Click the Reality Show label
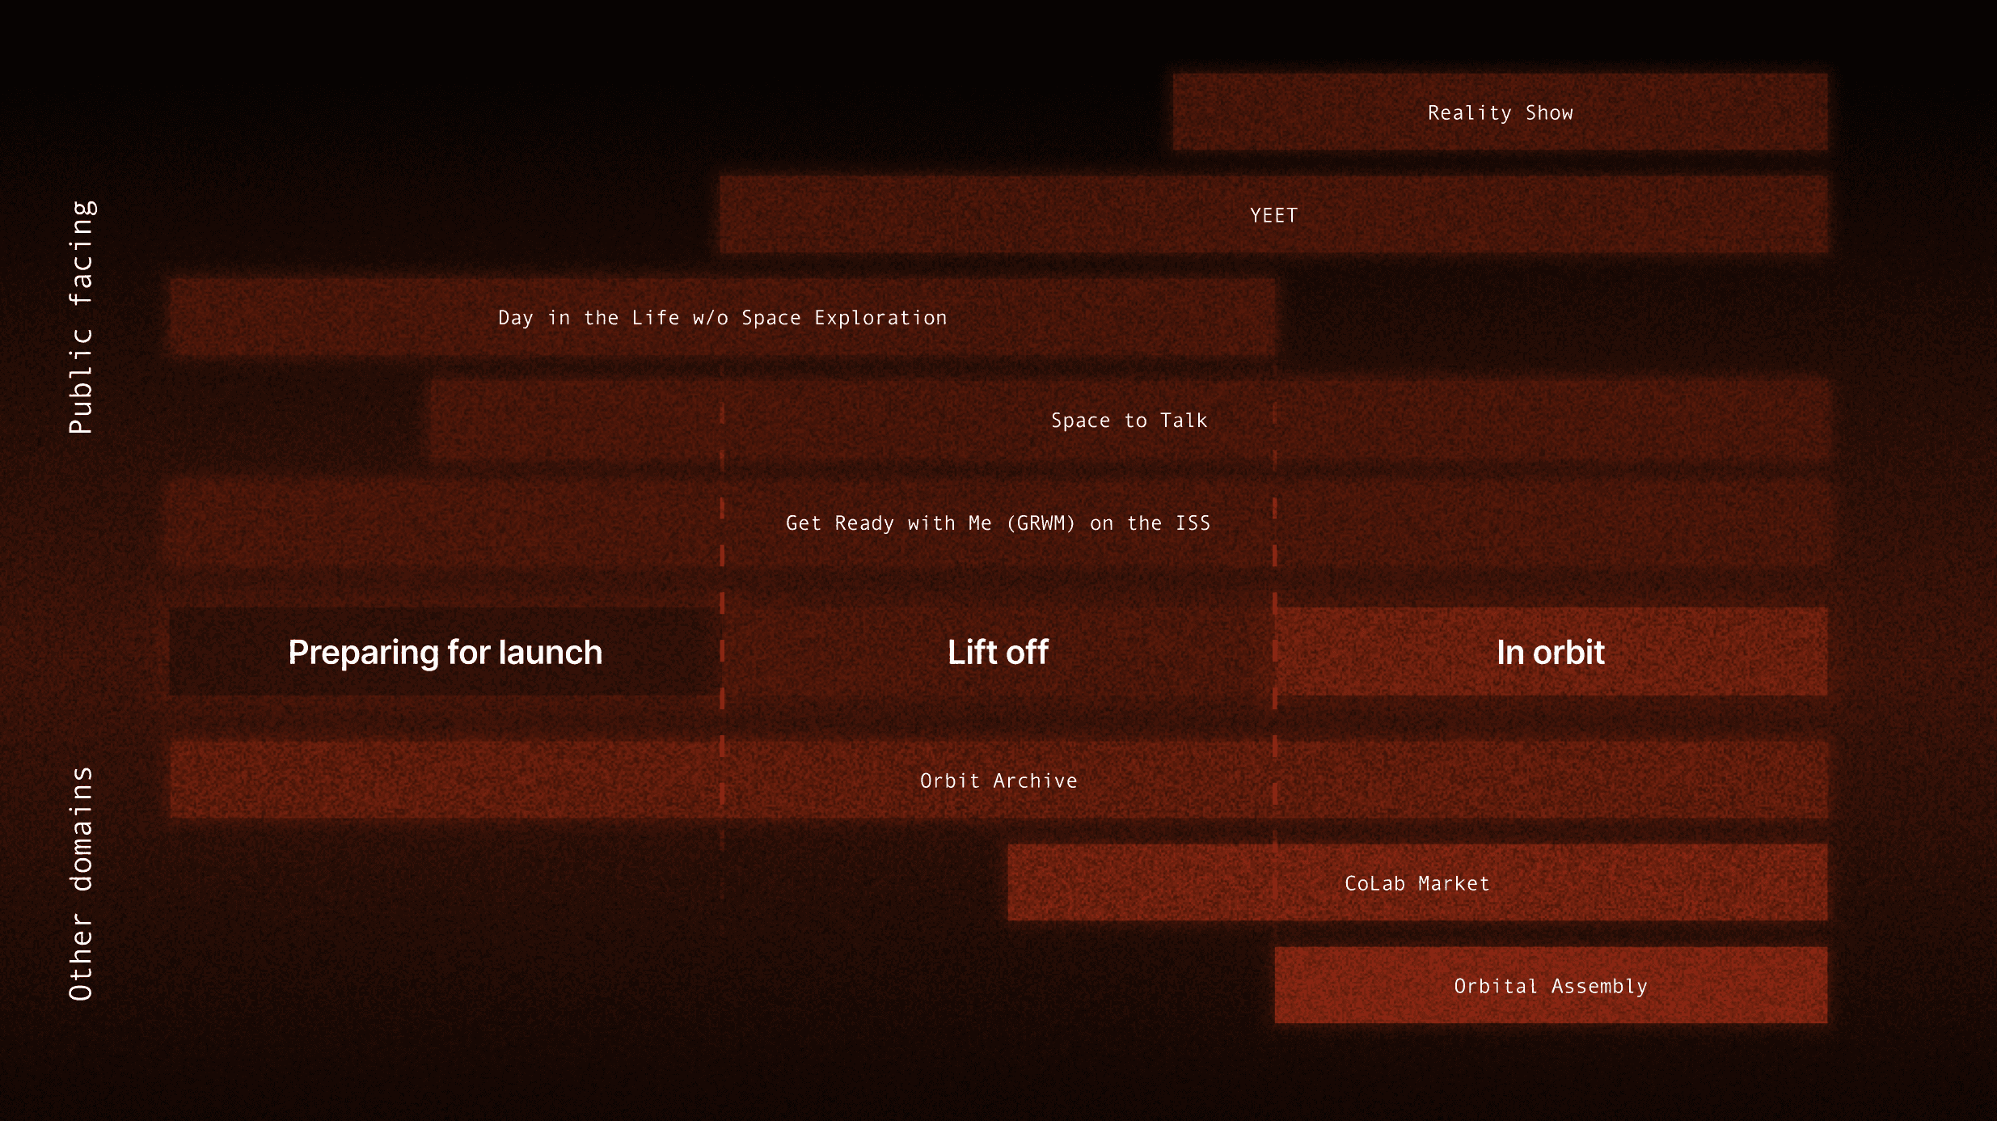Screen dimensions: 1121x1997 click(1500, 113)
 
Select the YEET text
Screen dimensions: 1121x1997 click(1273, 216)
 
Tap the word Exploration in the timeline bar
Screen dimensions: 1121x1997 click(880, 319)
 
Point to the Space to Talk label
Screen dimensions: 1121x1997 click(1129, 421)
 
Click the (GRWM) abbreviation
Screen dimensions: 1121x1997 click(1041, 523)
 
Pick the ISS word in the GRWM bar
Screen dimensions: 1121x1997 click(1193, 523)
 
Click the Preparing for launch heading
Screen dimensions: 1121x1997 click(445, 653)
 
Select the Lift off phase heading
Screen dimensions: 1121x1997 click(998, 653)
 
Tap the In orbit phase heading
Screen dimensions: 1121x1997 click(1550, 653)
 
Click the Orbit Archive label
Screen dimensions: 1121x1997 click(998, 781)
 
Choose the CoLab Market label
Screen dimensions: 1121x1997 click(1416, 884)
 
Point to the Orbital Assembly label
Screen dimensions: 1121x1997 click(1550, 987)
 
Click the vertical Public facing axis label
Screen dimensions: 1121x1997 click(81, 317)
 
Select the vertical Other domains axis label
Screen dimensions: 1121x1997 click(81, 884)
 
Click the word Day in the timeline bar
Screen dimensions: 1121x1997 click(516, 319)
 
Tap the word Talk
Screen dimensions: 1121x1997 click(1184, 421)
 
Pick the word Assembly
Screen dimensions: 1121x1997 click(1598, 987)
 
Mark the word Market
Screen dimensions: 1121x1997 click(1454, 884)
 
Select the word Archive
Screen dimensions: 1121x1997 click(1035, 781)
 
